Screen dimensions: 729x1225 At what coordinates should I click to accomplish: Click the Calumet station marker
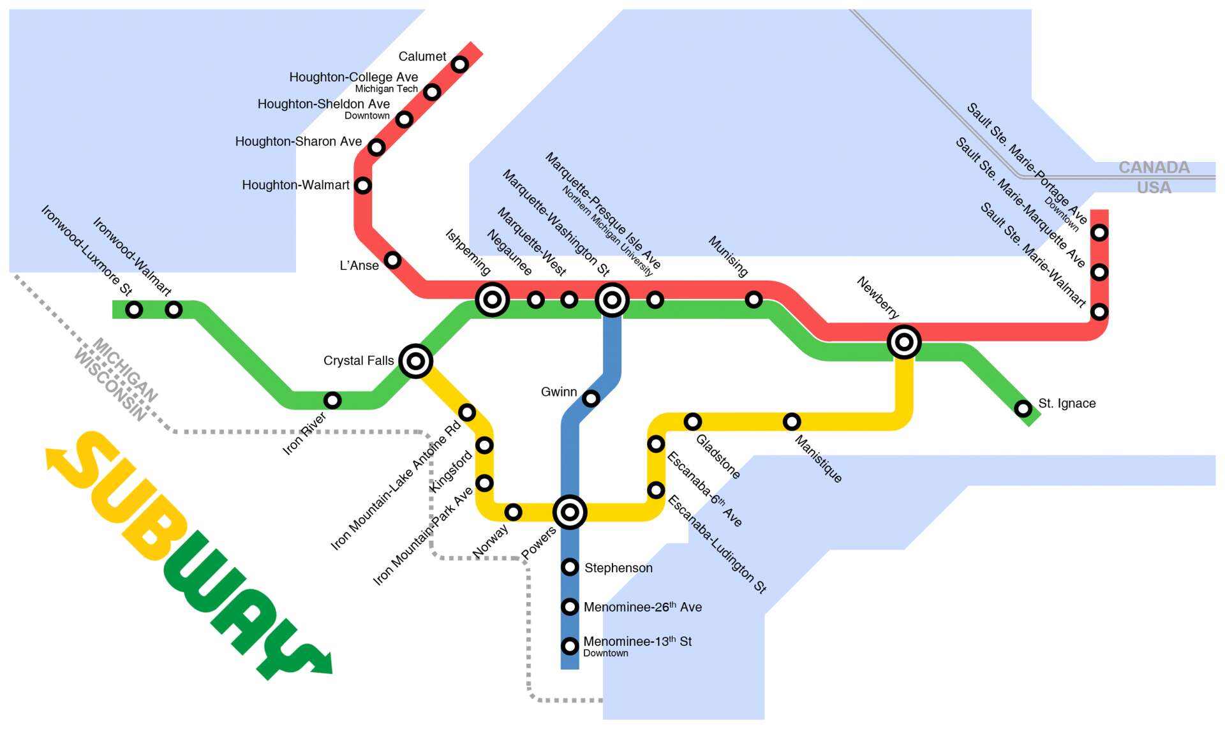tap(459, 64)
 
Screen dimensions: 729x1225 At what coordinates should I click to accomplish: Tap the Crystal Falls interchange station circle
tap(415, 361)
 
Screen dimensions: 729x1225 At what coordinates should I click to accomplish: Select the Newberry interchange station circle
tap(903, 342)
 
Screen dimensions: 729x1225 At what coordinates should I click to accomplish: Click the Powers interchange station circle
tap(570, 512)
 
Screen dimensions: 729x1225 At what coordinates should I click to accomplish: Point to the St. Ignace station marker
tap(1023, 408)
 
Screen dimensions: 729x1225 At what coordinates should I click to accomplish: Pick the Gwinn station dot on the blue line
tap(591, 399)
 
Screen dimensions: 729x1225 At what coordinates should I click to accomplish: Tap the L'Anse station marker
tap(392, 260)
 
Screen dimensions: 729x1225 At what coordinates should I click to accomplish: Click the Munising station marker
tap(754, 299)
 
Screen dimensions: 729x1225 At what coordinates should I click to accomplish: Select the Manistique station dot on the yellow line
tap(791, 422)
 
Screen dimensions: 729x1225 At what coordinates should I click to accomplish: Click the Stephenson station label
tap(618, 568)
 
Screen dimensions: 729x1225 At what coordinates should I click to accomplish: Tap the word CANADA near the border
tap(1154, 168)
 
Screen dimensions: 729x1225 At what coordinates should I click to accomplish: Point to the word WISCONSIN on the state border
tap(110, 385)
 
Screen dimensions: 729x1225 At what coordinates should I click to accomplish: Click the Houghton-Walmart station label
tap(295, 186)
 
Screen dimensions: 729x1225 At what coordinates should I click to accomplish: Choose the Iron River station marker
tap(332, 401)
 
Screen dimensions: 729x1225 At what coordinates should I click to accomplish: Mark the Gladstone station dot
tap(692, 422)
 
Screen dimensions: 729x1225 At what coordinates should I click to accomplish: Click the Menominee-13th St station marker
tap(570, 646)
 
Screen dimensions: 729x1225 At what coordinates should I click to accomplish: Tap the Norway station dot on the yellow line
tap(513, 512)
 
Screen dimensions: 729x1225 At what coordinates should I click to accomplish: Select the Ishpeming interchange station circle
tap(492, 299)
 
